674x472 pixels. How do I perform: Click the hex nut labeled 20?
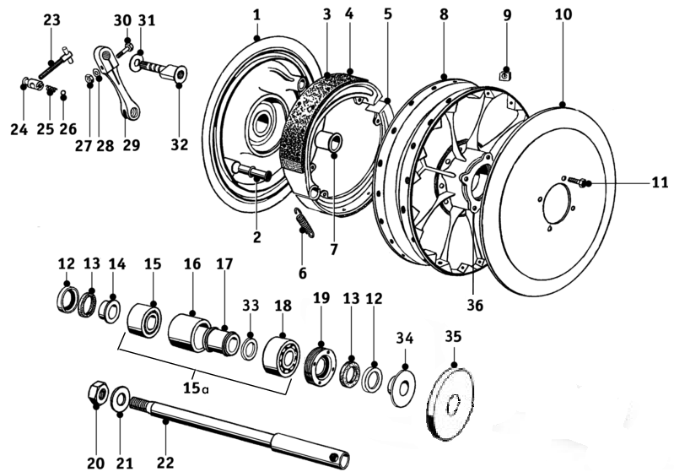[96, 393]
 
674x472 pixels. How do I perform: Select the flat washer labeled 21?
[120, 396]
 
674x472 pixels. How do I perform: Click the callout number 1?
[256, 14]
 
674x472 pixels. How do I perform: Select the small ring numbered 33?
[251, 346]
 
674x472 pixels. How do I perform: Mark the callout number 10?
[563, 15]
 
